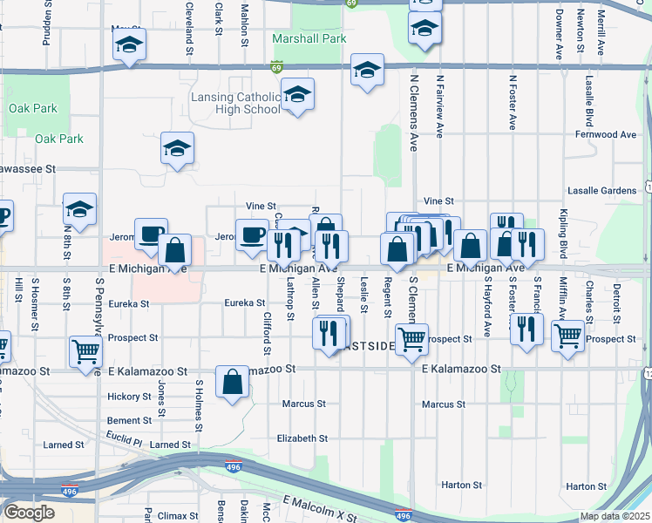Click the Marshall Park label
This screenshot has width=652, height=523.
point(309,38)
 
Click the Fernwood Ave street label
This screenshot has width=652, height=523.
point(606,135)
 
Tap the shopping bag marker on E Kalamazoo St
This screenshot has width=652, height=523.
point(234,383)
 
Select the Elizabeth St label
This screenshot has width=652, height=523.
point(302,438)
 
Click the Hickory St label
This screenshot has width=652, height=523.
point(129,397)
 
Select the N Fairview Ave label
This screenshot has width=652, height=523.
point(440,105)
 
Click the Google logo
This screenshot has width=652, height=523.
point(29,513)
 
